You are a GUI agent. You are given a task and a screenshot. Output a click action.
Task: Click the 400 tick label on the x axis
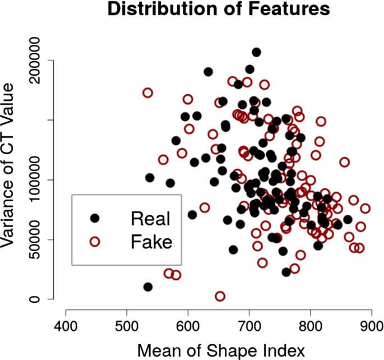click(66, 325)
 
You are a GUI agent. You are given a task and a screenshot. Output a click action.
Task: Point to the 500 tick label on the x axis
click(127, 325)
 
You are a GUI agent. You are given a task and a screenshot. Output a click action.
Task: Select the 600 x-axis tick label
click(188, 325)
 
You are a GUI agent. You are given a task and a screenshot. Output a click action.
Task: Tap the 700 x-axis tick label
click(249, 325)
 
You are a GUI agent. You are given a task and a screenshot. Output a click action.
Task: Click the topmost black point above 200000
click(256, 52)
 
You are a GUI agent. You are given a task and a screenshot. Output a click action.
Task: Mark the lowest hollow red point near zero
click(220, 296)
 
